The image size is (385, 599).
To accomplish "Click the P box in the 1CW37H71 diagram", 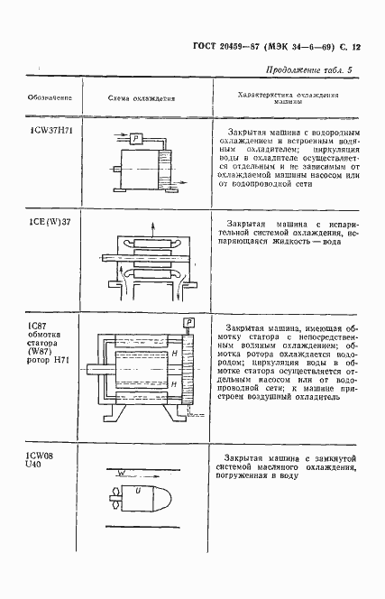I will pos(134,137).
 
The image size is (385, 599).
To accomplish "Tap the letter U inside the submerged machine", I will pos(137,491).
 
